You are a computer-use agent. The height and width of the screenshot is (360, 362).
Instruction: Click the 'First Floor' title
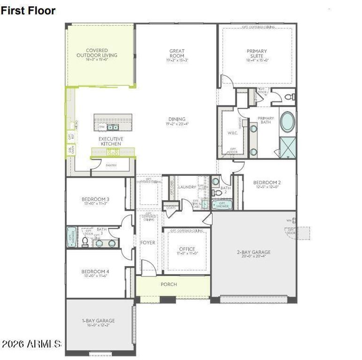28,10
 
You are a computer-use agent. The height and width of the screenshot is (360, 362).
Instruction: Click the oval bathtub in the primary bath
287,121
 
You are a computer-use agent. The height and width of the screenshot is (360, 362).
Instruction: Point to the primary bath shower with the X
287,147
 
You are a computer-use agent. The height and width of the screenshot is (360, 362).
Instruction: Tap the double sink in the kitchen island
113,127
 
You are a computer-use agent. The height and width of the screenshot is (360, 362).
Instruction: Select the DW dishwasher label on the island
101,127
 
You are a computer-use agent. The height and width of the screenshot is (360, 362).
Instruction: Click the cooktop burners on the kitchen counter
113,152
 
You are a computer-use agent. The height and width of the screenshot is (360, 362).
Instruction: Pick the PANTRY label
111,165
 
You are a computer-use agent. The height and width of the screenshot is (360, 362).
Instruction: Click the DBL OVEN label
70,150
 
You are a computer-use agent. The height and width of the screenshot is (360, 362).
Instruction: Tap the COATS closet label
171,208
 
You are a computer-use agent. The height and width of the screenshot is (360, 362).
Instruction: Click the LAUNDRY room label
187,187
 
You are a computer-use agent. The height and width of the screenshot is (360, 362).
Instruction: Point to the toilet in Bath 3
85,242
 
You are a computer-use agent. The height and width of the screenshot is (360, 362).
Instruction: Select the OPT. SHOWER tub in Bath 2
221,204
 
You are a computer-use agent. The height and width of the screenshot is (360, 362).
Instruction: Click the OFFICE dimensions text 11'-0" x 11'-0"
187,253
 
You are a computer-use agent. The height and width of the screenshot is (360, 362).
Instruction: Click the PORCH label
168,285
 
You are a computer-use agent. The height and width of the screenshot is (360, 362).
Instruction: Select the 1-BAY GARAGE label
98,321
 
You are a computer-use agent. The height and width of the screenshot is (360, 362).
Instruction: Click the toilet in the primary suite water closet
289,97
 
